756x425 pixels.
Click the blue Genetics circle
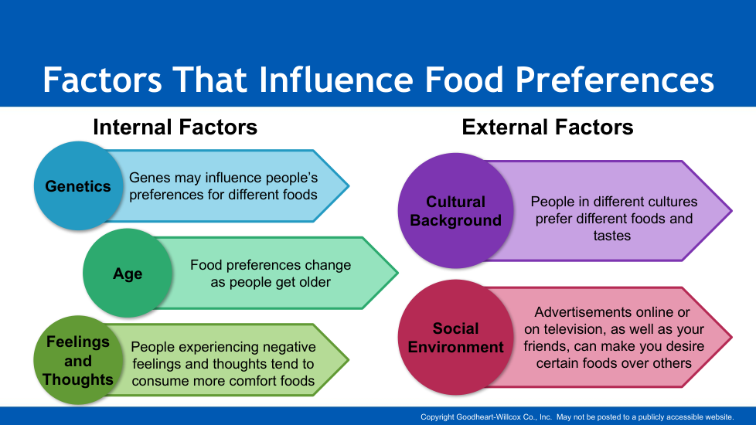pyautogui.click(x=78, y=185)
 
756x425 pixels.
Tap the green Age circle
pyautogui.click(x=128, y=273)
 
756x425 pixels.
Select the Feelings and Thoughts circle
pyautogui.click(x=77, y=360)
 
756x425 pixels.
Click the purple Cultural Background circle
pyautogui.click(x=455, y=211)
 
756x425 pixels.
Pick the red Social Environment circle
pyautogui.click(x=455, y=338)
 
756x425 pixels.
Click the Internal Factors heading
pyautogui.click(x=175, y=127)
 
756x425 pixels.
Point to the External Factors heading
pyautogui.click(x=547, y=127)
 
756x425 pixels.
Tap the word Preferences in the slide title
pyautogui.click(x=615, y=80)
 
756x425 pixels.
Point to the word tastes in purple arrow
pyautogui.click(x=612, y=236)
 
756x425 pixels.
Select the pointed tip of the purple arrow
pyautogui.click(x=731, y=211)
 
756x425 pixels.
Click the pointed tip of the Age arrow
pyautogui.click(x=397, y=273)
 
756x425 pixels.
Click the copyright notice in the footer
pyautogui.click(x=577, y=416)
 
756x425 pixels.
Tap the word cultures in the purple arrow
pyautogui.click(x=672, y=202)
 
